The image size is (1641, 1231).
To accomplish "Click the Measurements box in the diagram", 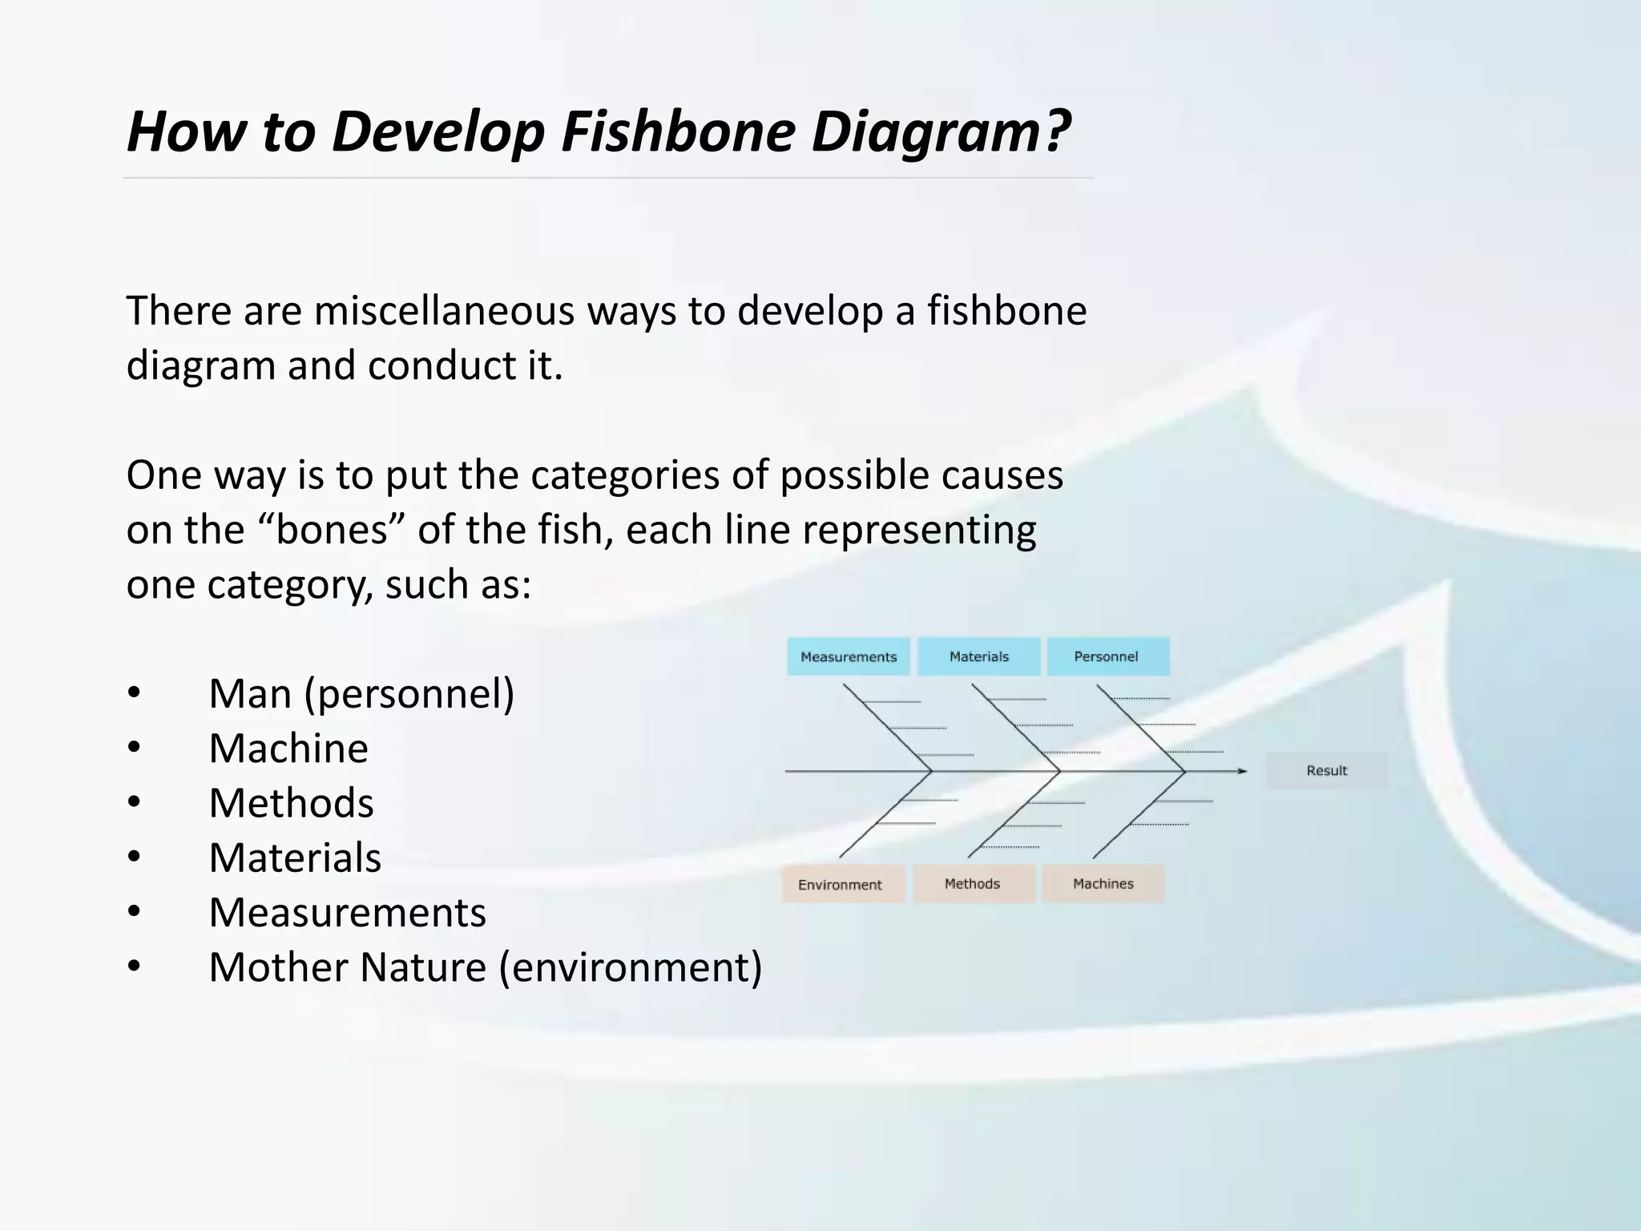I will pyautogui.click(x=849, y=656).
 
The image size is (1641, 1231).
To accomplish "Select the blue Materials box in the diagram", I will pyautogui.click(x=978, y=656).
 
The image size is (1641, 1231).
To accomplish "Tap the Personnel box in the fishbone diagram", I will pyautogui.click(x=1107, y=656).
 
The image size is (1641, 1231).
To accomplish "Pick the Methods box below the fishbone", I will pyautogui.click(x=974, y=883).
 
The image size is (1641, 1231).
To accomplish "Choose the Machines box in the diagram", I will pyautogui.click(x=1103, y=883).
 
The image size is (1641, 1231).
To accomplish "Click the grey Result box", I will pyautogui.click(x=1326, y=770).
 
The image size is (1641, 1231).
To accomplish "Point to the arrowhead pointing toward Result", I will pyautogui.click(x=1241, y=771).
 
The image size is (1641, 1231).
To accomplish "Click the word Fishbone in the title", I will pyautogui.click(x=678, y=131).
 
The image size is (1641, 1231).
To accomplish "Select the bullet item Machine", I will pyautogui.click(x=288, y=748).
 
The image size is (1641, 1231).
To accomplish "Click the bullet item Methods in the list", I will pyautogui.click(x=291, y=802).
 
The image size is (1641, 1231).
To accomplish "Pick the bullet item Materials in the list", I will pyautogui.click(x=295, y=857).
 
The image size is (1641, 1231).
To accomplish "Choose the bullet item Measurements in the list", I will pyautogui.click(x=347, y=912).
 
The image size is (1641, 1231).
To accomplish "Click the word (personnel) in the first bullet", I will pyautogui.click(x=409, y=694).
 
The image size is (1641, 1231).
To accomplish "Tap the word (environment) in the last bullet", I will pyautogui.click(x=631, y=967).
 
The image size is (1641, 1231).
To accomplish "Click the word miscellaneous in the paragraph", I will pyautogui.click(x=444, y=311).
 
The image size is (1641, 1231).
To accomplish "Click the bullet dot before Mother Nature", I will pyautogui.click(x=134, y=967).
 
